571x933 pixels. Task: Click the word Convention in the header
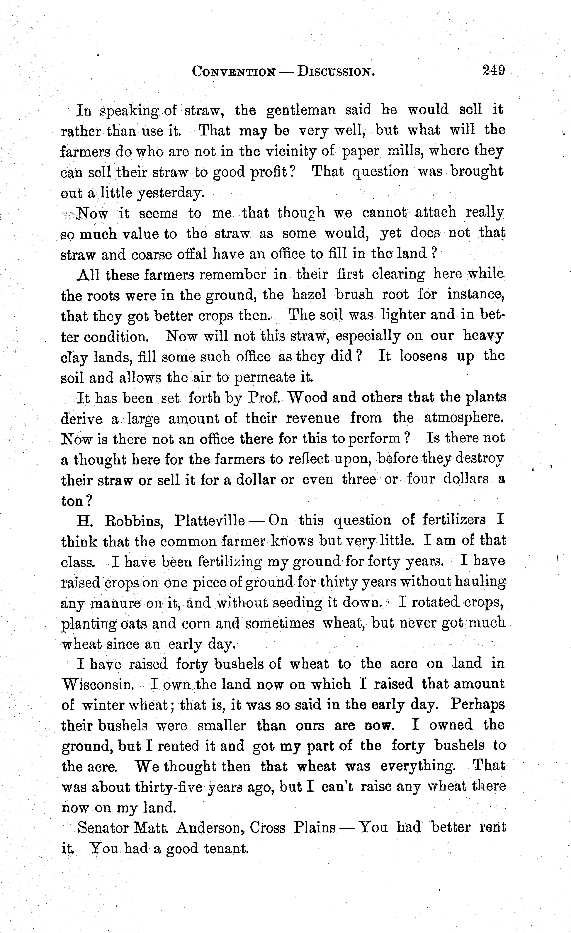point(234,72)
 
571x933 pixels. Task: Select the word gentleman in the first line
point(301,110)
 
